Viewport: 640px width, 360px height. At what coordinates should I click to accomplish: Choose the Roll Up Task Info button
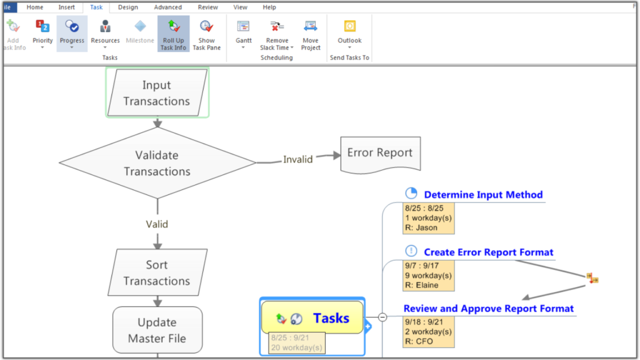[x=173, y=34]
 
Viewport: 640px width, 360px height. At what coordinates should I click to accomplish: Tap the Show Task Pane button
[x=206, y=34]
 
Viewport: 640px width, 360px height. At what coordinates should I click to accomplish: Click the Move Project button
[x=311, y=34]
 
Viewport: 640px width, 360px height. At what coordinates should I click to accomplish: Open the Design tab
[x=128, y=7]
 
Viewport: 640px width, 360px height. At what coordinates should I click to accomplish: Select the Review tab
[x=208, y=7]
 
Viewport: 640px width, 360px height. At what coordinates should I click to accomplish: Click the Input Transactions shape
[x=157, y=93]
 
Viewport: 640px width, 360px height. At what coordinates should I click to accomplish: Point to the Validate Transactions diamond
[x=157, y=163]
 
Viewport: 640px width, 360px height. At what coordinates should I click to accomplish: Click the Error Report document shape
[x=380, y=153]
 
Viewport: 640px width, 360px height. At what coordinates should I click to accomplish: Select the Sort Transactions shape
[x=157, y=273]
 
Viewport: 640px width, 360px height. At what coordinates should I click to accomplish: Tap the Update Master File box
[x=157, y=330]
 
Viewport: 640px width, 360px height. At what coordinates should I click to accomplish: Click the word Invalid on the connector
[x=297, y=159]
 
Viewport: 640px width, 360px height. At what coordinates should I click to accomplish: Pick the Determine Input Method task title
[x=483, y=195]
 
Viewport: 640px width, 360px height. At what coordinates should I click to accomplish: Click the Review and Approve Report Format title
[x=489, y=309]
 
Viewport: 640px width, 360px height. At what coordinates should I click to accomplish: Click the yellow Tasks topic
[x=312, y=318]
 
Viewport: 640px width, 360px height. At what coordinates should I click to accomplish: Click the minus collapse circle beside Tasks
[x=382, y=317]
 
